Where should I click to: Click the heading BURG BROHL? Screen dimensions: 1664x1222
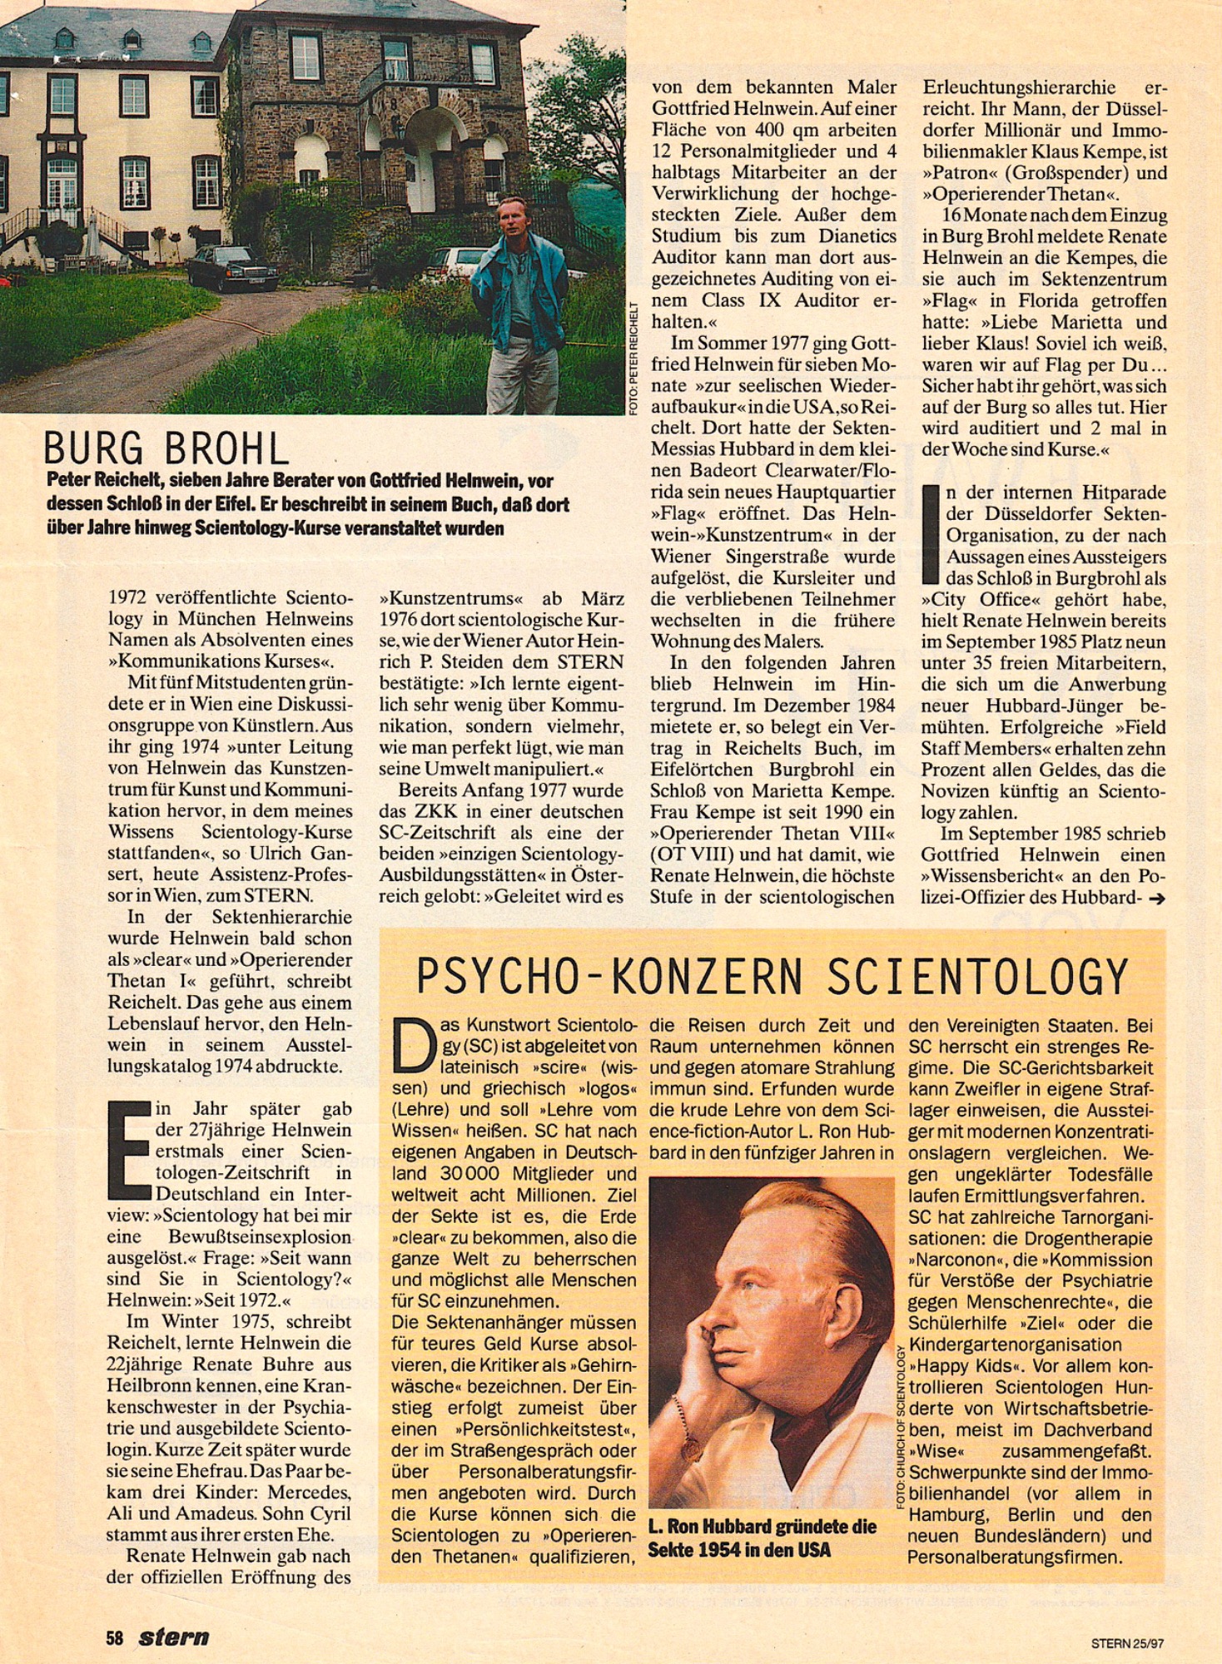[x=166, y=449]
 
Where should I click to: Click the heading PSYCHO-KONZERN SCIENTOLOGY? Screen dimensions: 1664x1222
[x=771, y=976]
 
